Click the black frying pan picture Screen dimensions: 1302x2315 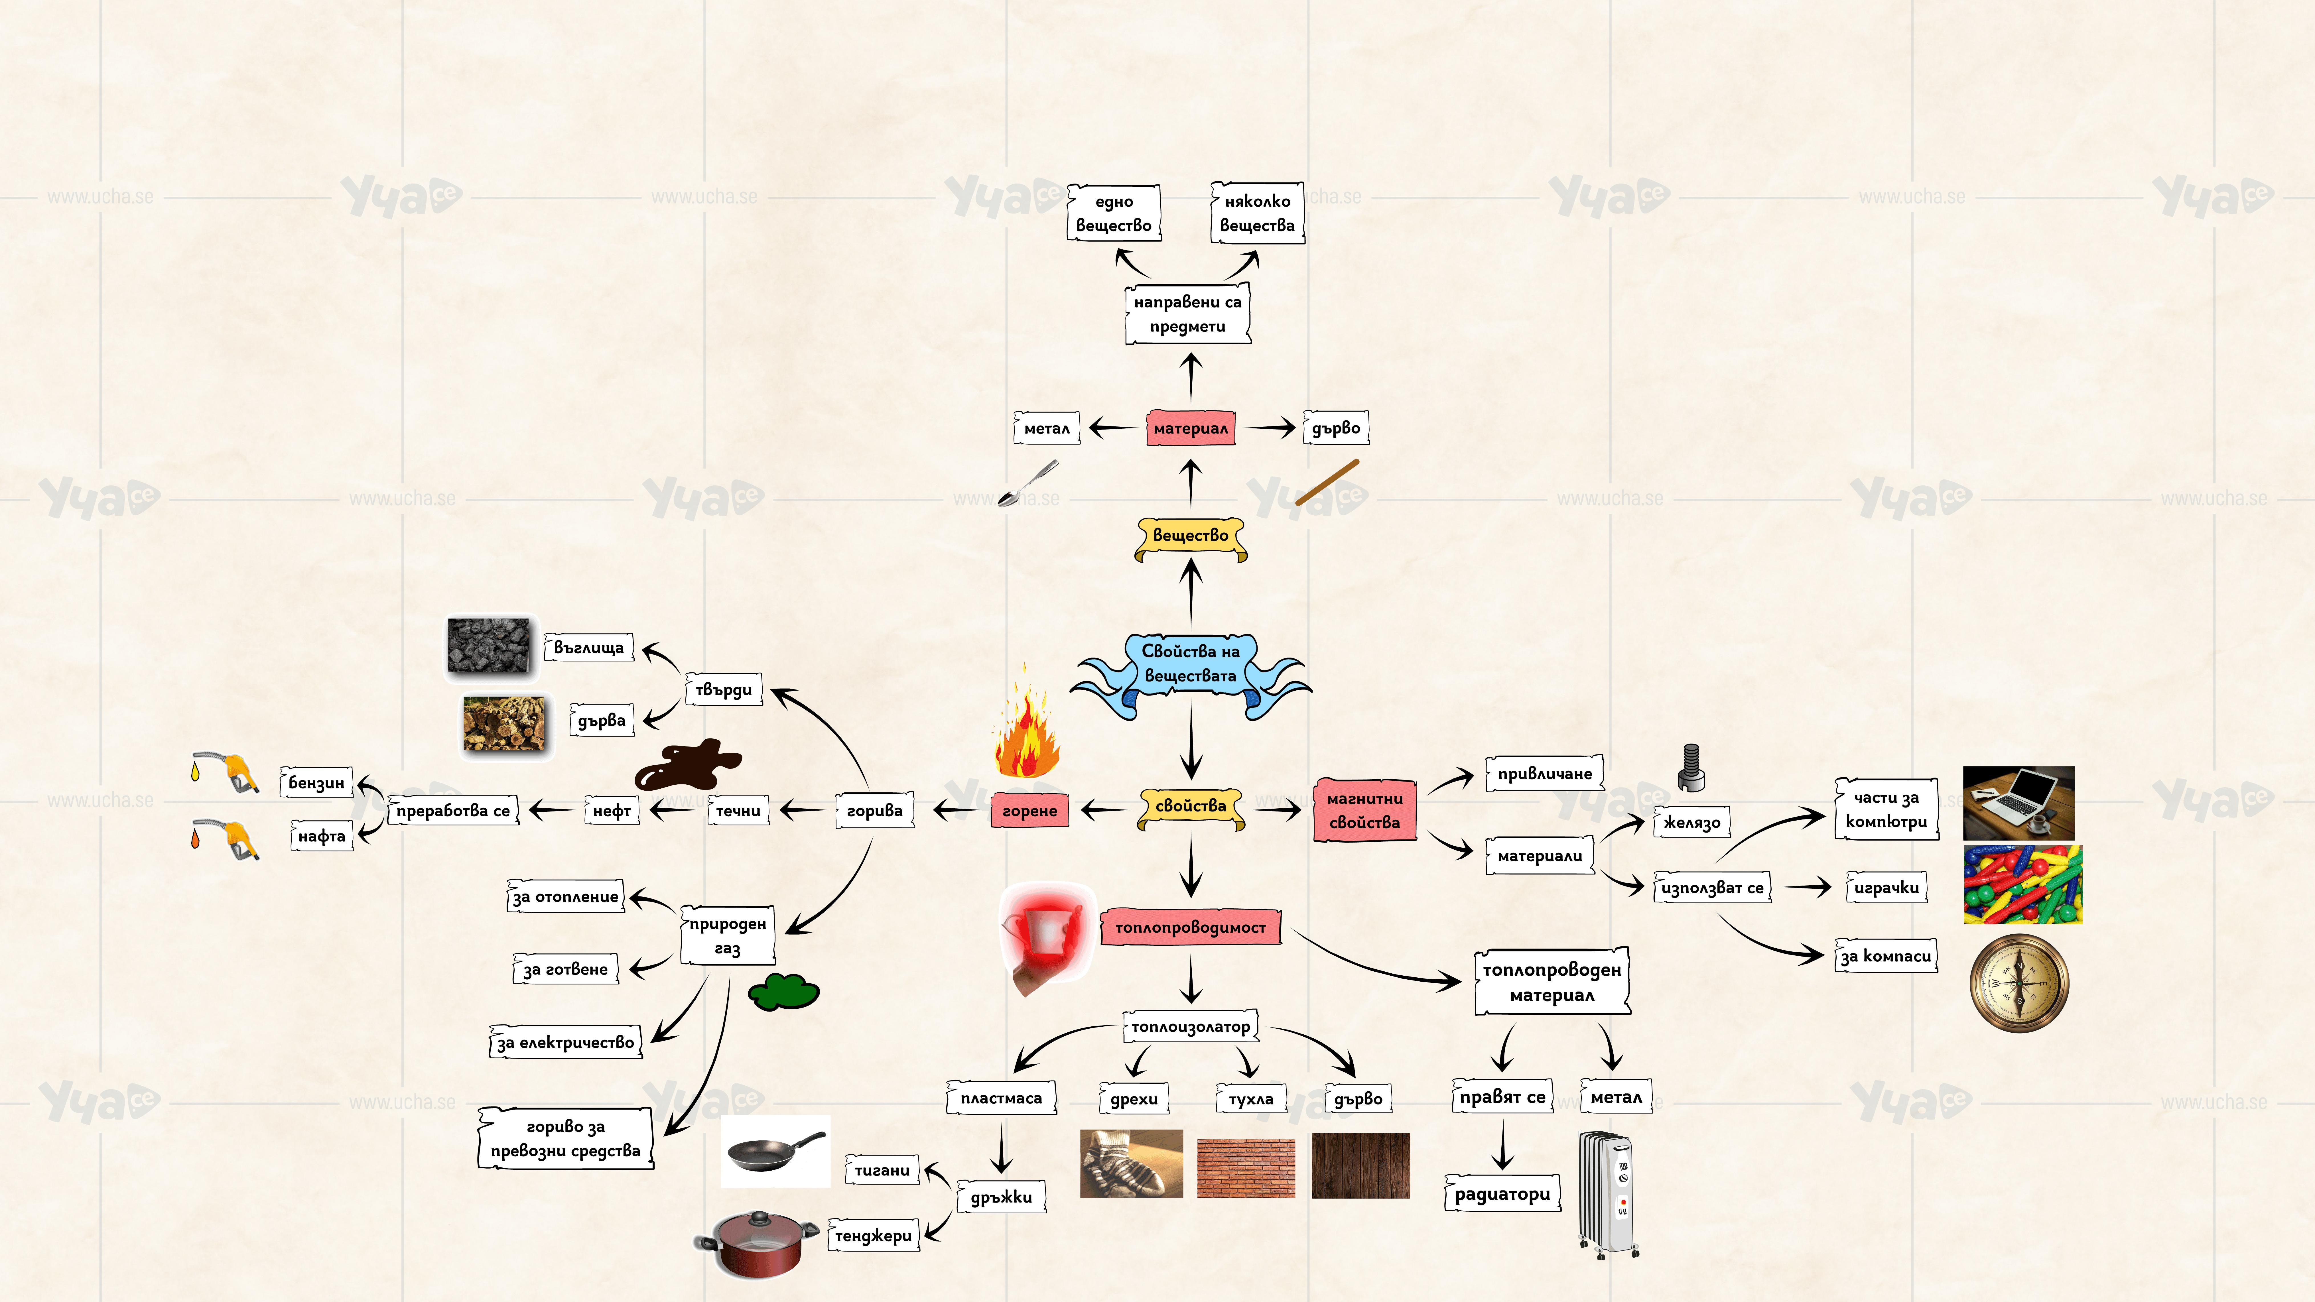point(775,1151)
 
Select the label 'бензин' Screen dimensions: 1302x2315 point(316,783)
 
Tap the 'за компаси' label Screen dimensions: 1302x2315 point(1885,956)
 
